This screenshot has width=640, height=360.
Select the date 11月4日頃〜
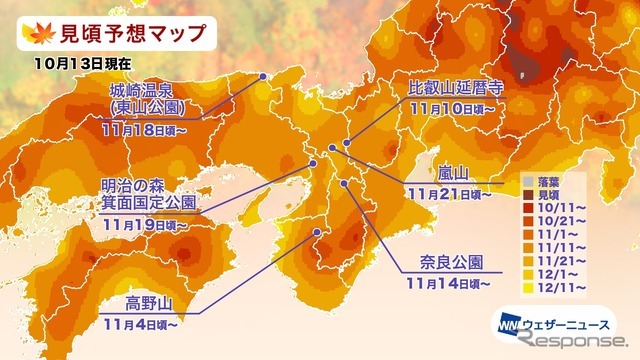[x=140, y=325]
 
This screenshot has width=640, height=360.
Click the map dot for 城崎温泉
[x=263, y=75]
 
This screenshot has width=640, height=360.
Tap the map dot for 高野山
[x=318, y=232]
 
